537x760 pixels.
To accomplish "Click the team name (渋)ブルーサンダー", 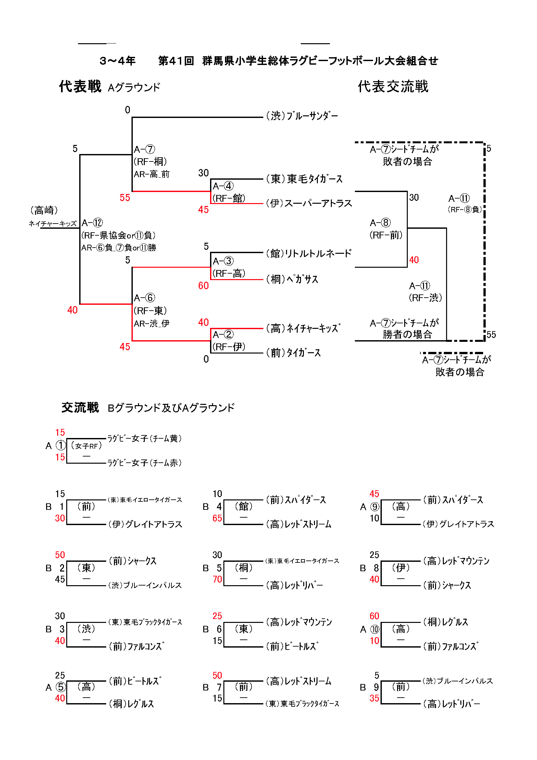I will [302, 116].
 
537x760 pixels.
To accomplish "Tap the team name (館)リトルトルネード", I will [309, 253].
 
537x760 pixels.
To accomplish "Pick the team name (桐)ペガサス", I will [292, 279].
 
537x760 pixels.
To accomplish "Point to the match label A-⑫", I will [92, 223].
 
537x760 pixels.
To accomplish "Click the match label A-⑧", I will [380, 223].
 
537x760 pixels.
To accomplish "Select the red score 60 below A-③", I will [203, 286].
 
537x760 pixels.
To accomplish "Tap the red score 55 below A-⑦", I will [125, 198].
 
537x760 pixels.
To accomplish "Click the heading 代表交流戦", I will [393, 87].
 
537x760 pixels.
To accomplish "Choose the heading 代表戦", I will [80, 87].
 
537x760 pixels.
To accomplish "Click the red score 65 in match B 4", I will [217, 518].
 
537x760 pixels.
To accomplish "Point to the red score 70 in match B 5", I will [217, 579].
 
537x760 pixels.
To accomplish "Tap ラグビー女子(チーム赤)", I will [144, 463].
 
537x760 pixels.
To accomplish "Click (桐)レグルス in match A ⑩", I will [446, 622].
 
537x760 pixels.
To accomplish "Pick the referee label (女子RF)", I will [86, 446].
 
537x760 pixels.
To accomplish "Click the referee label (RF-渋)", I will [425, 298].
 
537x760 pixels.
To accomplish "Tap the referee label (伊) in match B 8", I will [401, 568].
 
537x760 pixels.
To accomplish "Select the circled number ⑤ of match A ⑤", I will [61, 687].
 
